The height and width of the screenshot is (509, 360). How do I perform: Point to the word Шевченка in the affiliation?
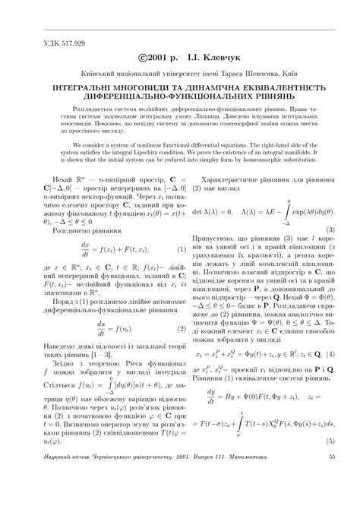(251, 72)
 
